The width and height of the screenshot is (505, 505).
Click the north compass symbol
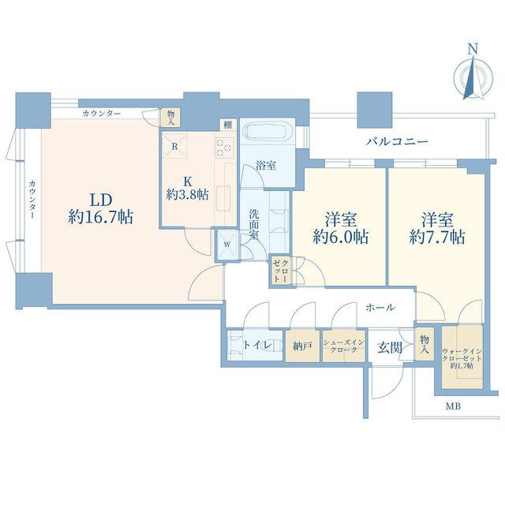[473, 76]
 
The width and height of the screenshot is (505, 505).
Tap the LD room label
[100, 200]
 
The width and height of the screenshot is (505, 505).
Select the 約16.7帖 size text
[100, 217]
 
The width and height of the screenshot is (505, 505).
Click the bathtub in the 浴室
[268, 132]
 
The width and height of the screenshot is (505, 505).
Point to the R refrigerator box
[175, 147]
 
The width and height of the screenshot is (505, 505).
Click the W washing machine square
[227, 245]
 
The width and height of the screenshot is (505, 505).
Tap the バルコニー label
[397, 141]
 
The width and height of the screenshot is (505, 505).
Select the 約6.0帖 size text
[340, 237]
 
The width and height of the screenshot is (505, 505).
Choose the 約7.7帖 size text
[437, 237]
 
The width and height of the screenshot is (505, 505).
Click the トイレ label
[258, 345]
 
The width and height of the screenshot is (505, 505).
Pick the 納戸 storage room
[302, 346]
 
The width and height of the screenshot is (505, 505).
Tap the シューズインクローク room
[344, 346]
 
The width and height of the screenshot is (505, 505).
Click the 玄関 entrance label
[390, 348]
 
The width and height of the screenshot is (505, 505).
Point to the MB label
[453, 406]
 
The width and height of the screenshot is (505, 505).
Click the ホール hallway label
[380, 308]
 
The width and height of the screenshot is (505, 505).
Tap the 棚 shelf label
[228, 125]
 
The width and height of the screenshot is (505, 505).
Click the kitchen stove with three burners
[224, 148]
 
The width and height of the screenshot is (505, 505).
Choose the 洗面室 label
[254, 224]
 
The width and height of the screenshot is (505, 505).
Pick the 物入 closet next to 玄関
[424, 344]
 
